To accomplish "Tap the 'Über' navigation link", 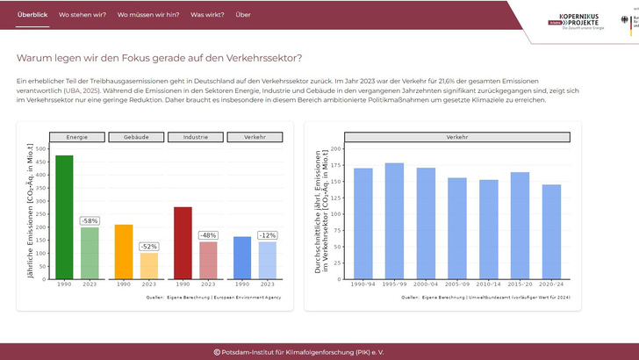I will pyautogui.click(x=243, y=15).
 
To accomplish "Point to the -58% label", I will pyautogui.click(x=90, y=220).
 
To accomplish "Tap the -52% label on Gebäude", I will pyautogui.click(x=149, y=247).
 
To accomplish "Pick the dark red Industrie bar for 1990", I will pyautogui.click(x=183, y=243).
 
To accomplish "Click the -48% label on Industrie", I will pyautogui.click(x=208, y=235).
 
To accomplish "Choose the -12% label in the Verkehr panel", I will pyautogui.click(x=267, y=235).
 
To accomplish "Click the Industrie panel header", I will pyautogui.click(x=195, y=137).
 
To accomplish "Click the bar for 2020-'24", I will pyautogui.click(x=551, y=232).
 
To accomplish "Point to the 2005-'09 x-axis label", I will pyautogui.click(x=457, y=285).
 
